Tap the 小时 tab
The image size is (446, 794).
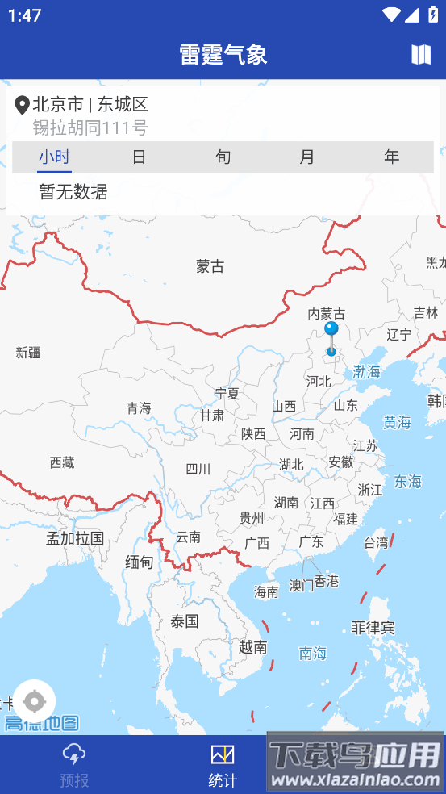click(54, 157)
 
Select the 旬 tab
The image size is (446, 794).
click(223, 157)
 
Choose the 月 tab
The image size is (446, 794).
click(307, 157)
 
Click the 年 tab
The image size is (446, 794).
click(392, 157)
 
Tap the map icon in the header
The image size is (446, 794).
click(421, 54)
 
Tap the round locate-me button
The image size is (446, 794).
click(35, 700)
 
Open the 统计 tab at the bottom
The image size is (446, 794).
click(223, 765)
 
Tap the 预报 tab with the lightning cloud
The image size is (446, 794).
click(74, 765)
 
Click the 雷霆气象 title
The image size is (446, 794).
click(223, 54)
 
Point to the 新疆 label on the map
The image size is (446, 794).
click(28, 352)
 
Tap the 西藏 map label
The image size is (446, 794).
click(62, 462)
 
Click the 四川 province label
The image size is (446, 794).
click(198, 469)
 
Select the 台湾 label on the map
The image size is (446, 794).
click(377, 542)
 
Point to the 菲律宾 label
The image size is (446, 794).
click(373, 627)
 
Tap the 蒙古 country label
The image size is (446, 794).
click(210, 266)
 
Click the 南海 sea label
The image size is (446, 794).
click(313, 653)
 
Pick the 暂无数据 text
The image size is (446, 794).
click(73, 192)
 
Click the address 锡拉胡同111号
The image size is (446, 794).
click(90, 127)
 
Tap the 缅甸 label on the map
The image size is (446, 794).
click(139, 562)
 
